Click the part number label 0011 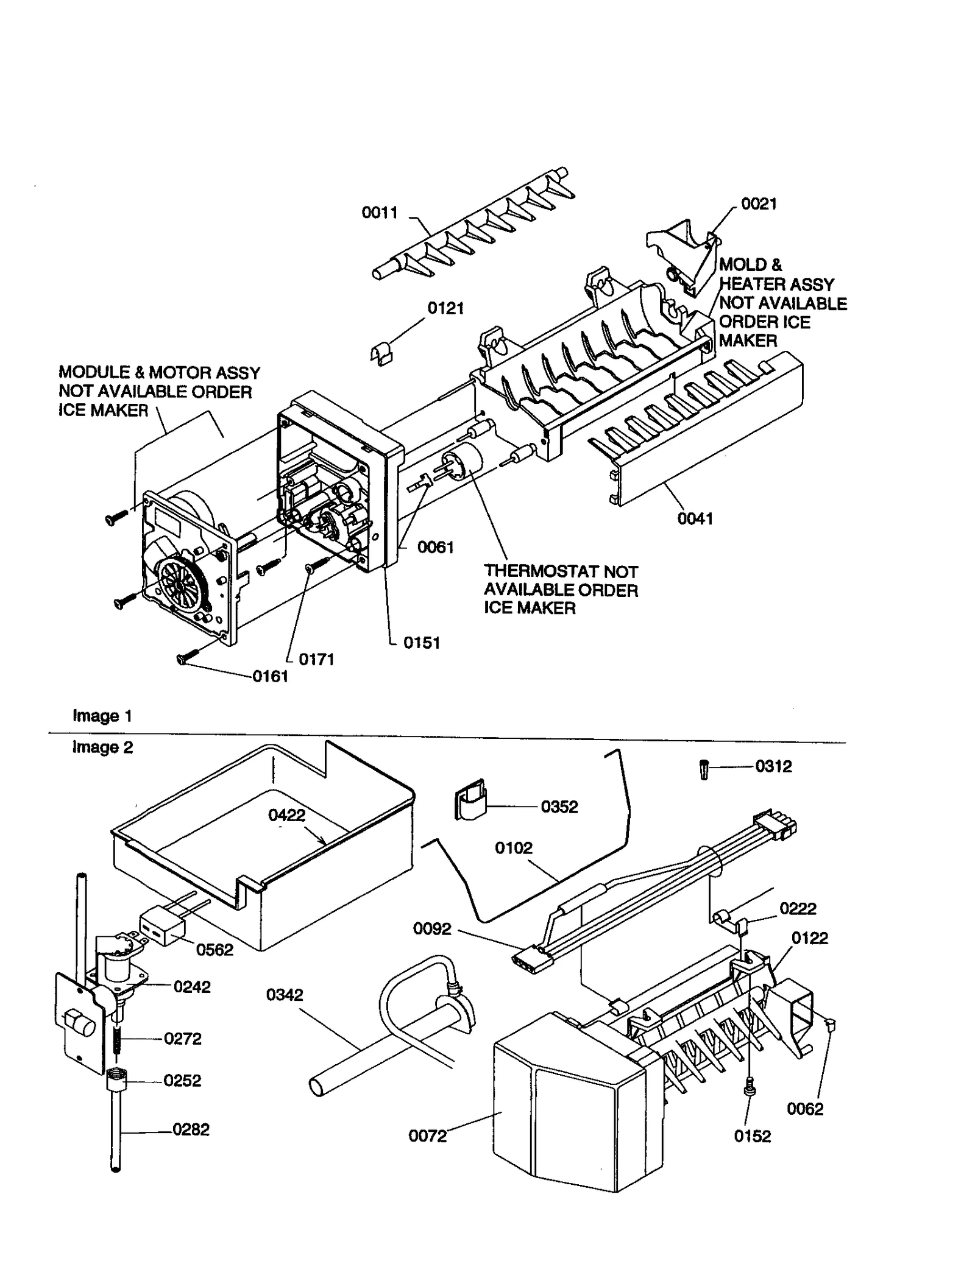379,213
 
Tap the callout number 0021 759,204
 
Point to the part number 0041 695,518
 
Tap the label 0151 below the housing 421,643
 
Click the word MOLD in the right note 742,265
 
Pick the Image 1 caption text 102,716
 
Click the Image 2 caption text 102,747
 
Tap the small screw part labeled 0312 705,770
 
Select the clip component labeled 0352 470,800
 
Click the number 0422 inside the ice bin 286,815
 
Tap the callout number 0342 284,995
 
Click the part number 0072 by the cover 427,1136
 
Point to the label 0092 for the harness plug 432,928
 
